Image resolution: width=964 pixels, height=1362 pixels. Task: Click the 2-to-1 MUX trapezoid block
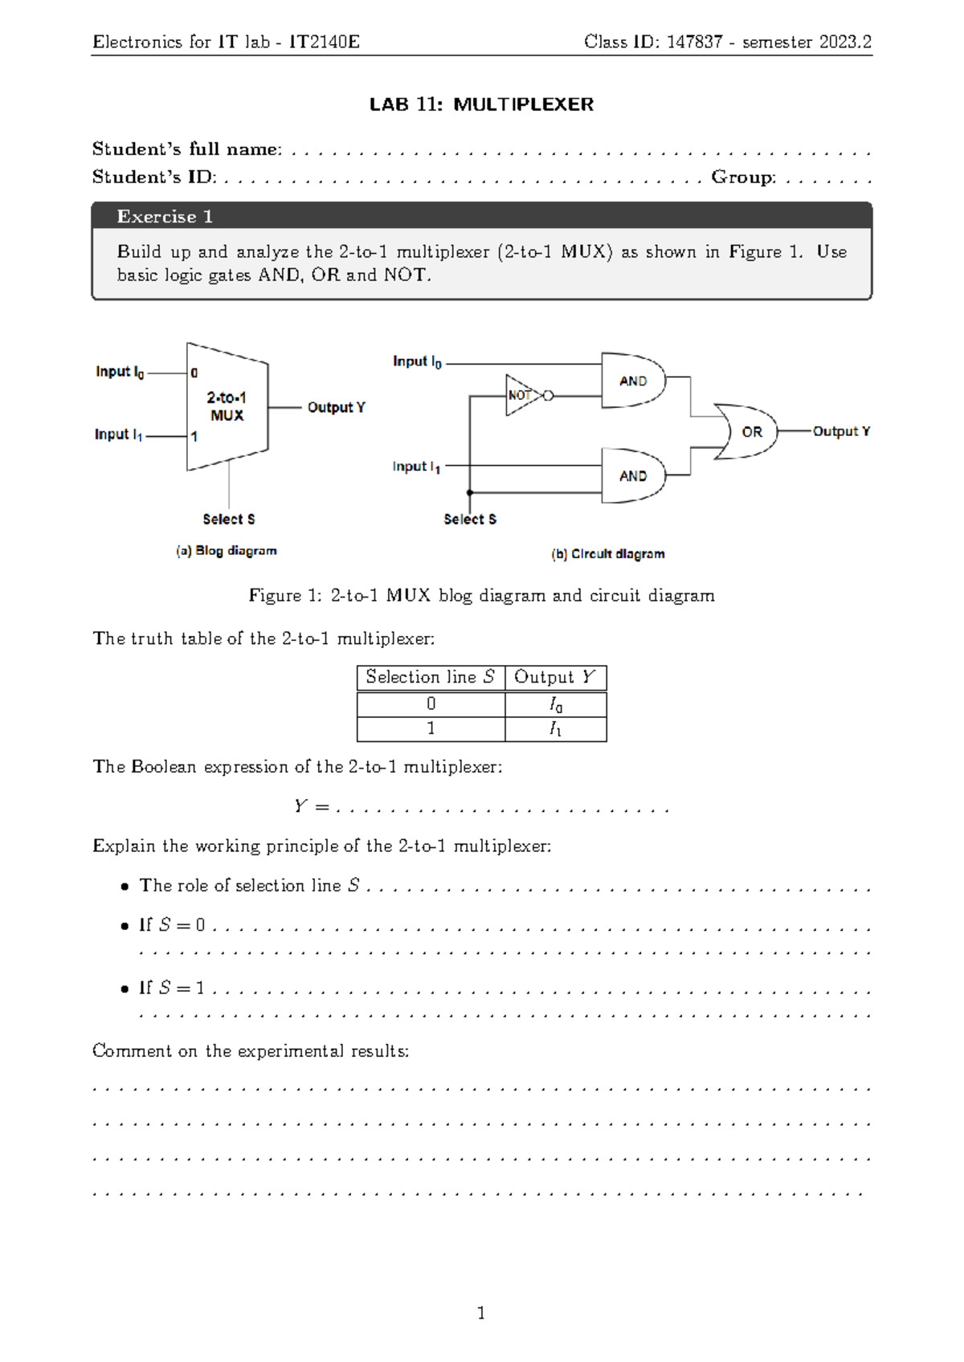227,406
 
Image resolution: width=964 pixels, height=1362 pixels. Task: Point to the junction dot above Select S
470,492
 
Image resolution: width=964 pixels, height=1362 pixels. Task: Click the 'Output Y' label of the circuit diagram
841,431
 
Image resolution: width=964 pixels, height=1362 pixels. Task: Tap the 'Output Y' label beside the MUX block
336,407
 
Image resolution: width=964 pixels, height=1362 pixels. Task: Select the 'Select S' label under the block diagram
229,520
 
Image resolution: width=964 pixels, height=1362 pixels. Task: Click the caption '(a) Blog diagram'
227,551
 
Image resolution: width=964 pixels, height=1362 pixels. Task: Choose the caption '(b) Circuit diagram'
608,554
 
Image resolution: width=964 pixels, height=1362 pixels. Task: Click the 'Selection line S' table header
431,677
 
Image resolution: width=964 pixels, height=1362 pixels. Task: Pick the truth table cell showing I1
555,729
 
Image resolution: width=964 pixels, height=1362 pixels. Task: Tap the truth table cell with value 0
431,704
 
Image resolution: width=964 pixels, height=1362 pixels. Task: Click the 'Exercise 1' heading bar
481,216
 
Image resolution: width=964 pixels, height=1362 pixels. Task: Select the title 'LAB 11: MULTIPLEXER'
481,104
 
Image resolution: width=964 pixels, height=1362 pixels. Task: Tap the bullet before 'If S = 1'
125,989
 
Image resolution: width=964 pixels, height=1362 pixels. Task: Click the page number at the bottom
481,1313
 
